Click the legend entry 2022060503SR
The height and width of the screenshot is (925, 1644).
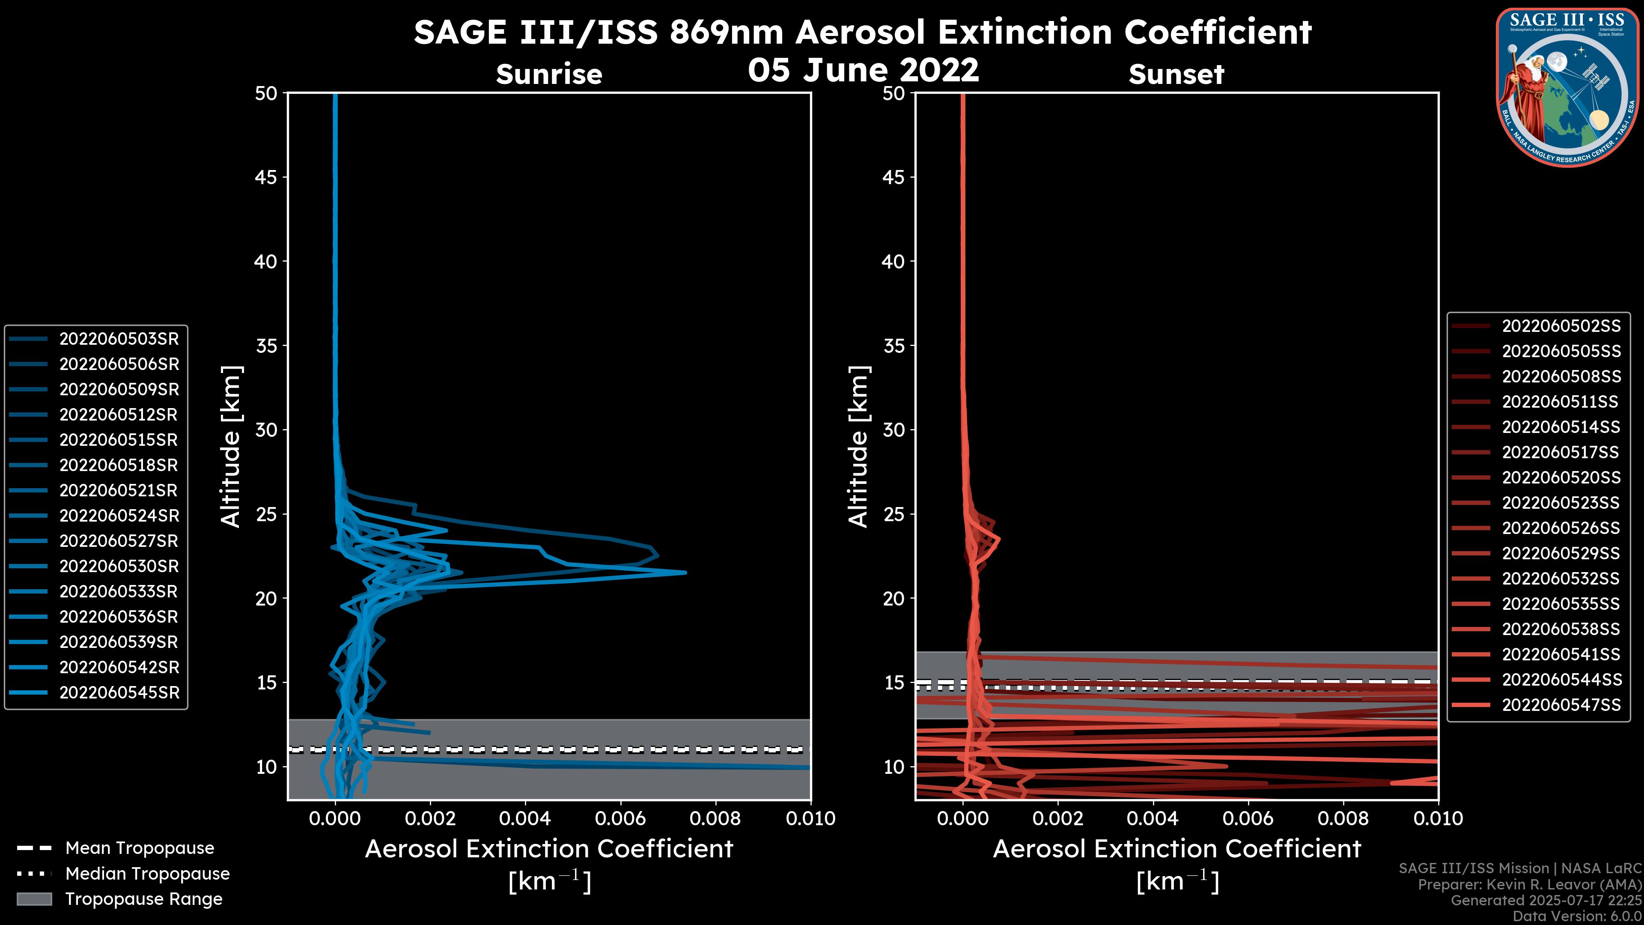point(119,339)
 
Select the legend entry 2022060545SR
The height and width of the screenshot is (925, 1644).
point(119,692)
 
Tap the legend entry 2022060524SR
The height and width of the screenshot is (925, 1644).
point(119,516)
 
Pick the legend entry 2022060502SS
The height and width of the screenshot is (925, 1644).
point(1561,326)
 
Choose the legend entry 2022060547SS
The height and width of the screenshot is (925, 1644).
point(1561,705)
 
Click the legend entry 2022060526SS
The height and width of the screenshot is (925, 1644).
point(1561,528)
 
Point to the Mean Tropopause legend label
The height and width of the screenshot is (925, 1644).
point(140,848)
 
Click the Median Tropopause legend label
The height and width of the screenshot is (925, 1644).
point(147,874)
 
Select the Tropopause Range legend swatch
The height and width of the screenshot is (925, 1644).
point(34,899)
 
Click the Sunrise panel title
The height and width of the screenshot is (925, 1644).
point(549,75)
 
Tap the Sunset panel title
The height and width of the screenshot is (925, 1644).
point(1176,75)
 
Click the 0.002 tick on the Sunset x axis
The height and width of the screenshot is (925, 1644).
point(1057,818)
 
